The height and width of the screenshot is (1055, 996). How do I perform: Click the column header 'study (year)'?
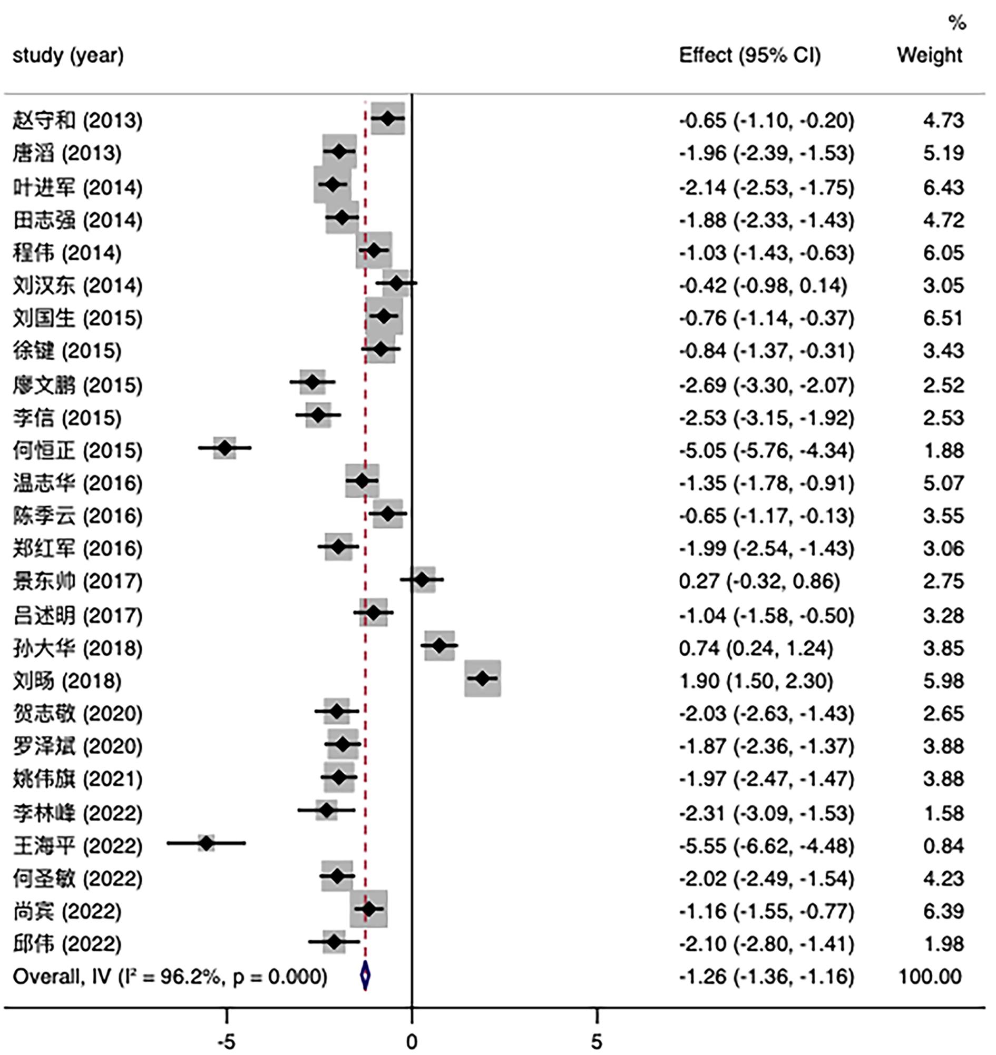click(68, 56)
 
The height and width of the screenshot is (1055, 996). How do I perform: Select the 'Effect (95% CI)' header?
click(750, 55)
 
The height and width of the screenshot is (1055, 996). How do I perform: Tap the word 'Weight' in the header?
click(930, 55)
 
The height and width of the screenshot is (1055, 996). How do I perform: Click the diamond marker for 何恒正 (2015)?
click(224, 448)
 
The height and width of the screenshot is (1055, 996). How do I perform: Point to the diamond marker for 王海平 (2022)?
click(207, 843)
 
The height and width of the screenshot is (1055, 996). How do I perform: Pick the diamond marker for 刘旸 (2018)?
click(482, 679)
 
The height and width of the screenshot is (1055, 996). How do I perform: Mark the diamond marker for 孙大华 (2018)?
click(439, 646)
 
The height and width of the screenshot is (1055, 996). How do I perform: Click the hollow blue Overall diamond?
click(365, 976)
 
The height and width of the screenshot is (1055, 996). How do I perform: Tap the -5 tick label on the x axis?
click(226, 1043)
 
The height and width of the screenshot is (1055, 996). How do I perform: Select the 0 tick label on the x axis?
click(412, 1043)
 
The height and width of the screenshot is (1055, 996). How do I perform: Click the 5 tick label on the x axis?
click(597, 1043)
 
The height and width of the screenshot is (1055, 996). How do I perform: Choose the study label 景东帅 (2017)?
click(77, 581)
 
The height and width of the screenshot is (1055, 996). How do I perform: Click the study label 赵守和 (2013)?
click(77, 121)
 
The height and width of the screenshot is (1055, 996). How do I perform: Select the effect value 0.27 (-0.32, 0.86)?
click(759, 581)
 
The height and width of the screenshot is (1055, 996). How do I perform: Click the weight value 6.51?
click(943, 319)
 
